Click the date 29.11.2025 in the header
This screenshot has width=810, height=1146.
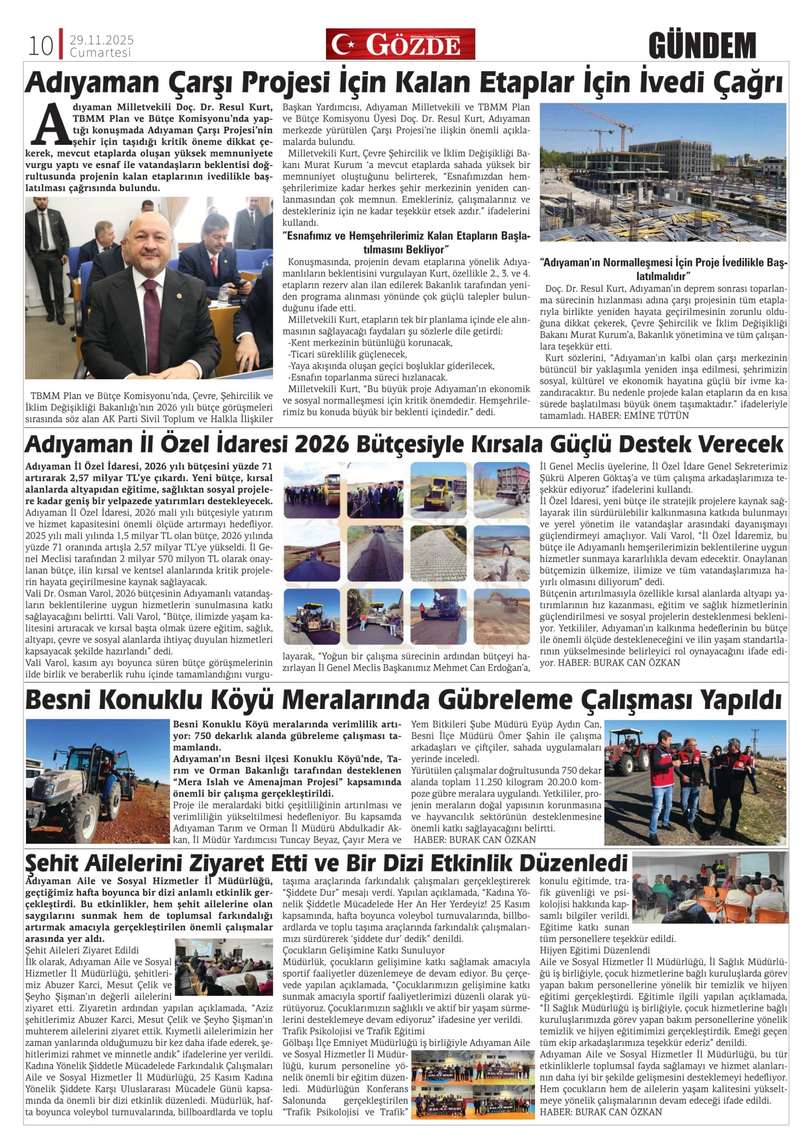tap(101, 40)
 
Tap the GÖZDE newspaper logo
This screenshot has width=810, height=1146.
tap(400, 44)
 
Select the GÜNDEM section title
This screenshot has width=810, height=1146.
tap(702, 46)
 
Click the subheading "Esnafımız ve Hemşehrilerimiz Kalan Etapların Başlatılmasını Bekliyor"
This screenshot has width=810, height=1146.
tap(406, 242)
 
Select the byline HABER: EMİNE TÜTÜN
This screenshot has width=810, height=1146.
tap(639, 415)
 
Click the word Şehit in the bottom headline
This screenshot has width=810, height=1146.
tap(53, 862)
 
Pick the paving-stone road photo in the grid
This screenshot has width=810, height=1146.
tap(438, 553)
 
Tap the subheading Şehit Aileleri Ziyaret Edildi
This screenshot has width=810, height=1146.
tap(82, 950)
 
